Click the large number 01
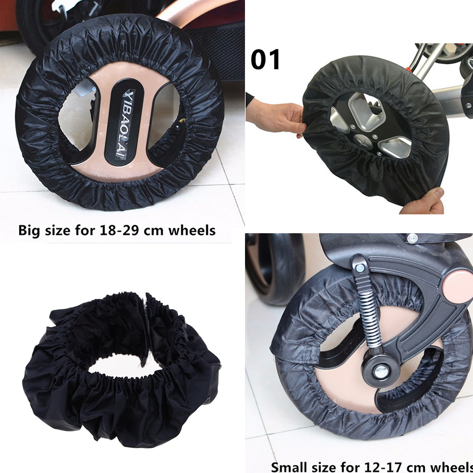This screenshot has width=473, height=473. (x=265, y=59)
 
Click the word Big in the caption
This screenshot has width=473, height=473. (x=30, y=231)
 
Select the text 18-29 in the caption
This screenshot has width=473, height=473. (x=119, y=230)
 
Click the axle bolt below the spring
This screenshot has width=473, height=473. (x=380, y=371)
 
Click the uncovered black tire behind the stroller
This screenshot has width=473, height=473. (x=276, y=269)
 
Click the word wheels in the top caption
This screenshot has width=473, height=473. (x=192, y=230)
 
